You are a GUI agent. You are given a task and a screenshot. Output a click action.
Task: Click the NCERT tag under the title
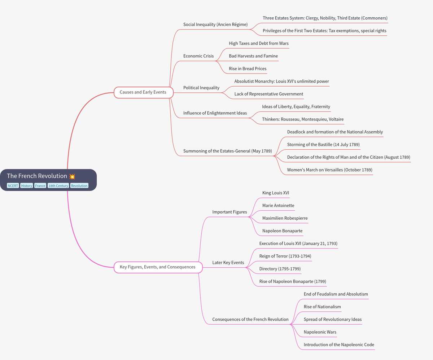tap(13, 186)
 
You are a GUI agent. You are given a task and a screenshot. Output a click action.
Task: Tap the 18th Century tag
tap(58, 186)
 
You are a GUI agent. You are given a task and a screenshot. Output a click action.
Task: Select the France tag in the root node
tap(40, 186)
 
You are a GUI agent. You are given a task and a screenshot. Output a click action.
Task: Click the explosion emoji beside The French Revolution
tap(72, 176)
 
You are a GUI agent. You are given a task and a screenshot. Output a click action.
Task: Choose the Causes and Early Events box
tap(144, 92)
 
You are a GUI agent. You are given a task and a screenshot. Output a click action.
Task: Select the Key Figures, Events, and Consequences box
tap(158, 267)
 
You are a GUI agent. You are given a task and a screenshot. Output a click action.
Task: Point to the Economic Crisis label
tap(198, 56)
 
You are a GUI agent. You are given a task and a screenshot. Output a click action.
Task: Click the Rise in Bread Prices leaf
tap(248, 69)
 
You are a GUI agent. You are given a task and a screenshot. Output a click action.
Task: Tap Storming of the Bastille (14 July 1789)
tap(323, 145)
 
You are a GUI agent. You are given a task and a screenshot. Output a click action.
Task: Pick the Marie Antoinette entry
tap(278, 206)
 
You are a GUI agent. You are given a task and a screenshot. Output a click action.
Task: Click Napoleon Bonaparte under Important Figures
tap(282, 231)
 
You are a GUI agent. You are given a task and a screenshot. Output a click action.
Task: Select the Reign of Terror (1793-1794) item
tap(285, 256)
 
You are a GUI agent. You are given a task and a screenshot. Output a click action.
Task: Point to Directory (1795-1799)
tap(280, 269)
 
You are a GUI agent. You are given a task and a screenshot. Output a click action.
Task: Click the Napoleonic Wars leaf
tap(320, 332)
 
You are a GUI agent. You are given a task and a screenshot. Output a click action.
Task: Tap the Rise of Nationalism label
tap(322, 307)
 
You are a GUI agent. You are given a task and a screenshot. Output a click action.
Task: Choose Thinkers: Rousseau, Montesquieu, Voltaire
tap(303, 119)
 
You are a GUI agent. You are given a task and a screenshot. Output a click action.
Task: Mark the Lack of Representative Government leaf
tap(269, 94)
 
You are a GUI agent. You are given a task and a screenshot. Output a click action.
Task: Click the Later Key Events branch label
tap(228, 263)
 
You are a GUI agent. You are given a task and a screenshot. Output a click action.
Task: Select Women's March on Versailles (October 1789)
tap(330, 170)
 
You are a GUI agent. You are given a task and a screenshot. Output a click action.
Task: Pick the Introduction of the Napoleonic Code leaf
tap(339, 344)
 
